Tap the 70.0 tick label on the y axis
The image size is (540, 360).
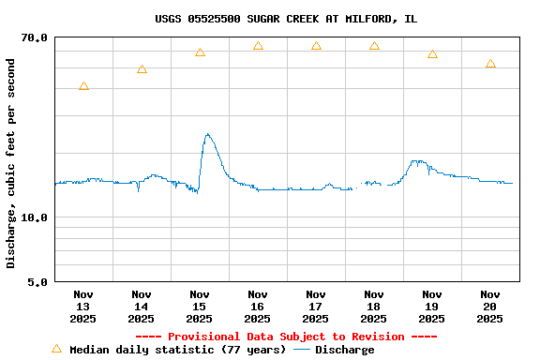[35, 37]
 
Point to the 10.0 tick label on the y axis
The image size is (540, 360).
[35, 217]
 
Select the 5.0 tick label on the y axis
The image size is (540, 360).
[37, 281]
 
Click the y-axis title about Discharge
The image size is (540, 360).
[11, 163]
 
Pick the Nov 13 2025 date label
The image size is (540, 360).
[83, 307]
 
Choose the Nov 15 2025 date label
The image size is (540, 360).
[200, 307]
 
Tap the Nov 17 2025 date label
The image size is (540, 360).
[316, 307]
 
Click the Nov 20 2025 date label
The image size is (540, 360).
[490, 307]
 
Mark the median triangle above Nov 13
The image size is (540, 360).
[83, 86]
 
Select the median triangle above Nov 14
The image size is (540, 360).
[142, 69]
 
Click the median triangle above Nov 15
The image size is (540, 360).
[200, 52]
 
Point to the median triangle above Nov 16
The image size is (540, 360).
[258, 46]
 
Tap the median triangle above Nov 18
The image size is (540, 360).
[374, 46]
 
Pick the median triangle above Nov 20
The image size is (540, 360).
[490, 64]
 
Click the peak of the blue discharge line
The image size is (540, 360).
[207, 134]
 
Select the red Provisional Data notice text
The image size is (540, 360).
[286, 337]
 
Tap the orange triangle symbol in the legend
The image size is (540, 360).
[56, 349]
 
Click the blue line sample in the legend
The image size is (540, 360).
[302, 350]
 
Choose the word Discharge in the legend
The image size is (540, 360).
[344, 350]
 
